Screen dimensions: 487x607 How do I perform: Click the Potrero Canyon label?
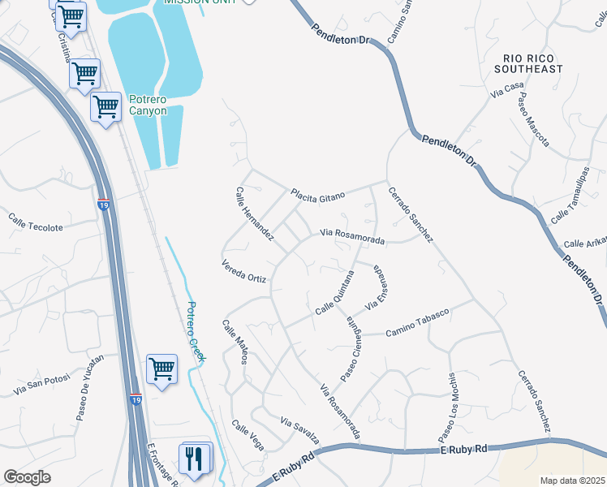pyautogui.click(x=148, y=105)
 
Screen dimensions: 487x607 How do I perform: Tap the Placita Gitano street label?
pyautogui.click(x=318, y=194)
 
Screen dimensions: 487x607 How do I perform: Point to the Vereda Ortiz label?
pyautogui.click(x=243, y=272)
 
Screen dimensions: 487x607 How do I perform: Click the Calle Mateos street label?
pyautogui.click(x=235, y=342)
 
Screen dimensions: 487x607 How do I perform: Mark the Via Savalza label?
pyautogui.click(x=300, y=431)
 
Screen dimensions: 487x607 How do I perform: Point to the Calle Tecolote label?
pyautogui.click(x=35, y=222)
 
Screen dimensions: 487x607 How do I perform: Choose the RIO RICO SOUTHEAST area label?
pyautogui.click(x=532, y=63)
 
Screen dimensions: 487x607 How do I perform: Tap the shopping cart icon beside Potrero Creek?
pyautogui.click(x=162, y=368)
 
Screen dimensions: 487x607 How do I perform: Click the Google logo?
pyautogui.click(x=27, y=477)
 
